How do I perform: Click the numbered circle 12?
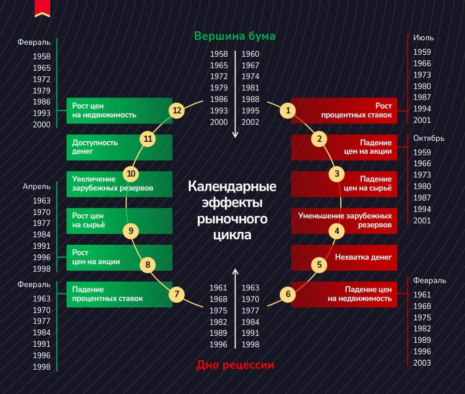click(176, 110)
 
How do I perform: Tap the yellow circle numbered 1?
click(288, 110)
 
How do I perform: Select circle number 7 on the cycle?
click(176, 294)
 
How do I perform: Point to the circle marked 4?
click(337, 231)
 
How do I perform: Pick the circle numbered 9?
click(131, 231)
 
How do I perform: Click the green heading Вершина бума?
click(234, 36)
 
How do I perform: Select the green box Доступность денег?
click(119, 147)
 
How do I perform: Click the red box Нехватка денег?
click(344, 257)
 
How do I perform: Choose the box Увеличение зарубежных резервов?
click(119, 184)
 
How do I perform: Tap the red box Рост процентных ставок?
click(344, 110)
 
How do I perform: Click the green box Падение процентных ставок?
click(119, 294)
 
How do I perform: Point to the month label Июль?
click(423, 38)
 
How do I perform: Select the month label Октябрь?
click(429, 138)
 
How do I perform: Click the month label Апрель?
click(36, 187)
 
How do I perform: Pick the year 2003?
click(422, 363)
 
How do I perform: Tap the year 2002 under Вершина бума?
click(250, 122)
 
